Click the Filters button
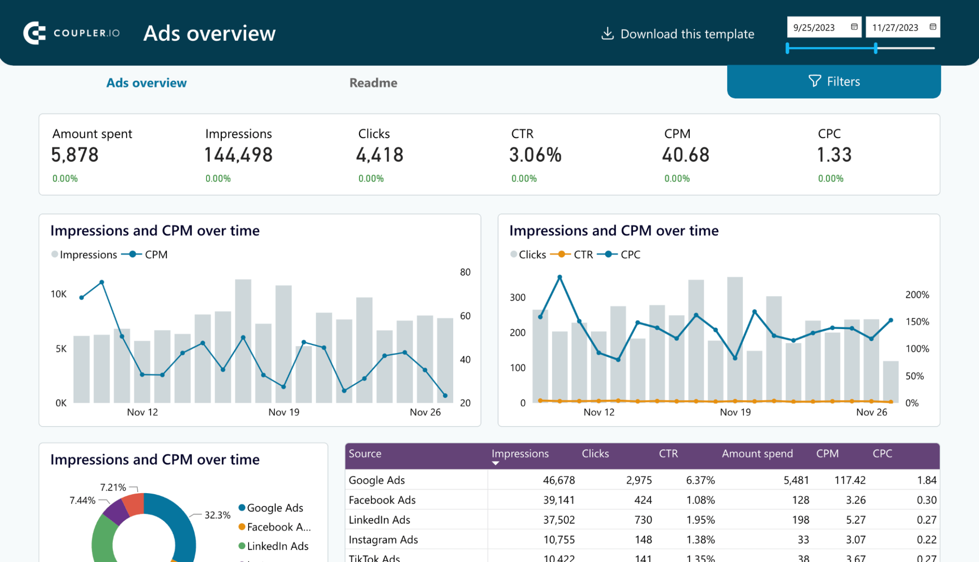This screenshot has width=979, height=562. point(834,82)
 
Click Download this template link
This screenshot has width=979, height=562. point(678,34)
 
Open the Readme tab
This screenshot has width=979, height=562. point(373,83)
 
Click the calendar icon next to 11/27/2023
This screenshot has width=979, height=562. point(933,27)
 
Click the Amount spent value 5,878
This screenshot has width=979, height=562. point(75,155)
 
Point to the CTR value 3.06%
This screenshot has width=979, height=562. point(535,155)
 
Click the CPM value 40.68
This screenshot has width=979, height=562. point(685,155)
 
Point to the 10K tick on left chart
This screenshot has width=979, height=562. point(59,294)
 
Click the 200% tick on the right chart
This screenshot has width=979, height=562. point(917,295)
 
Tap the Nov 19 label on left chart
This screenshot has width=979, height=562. point(283,412)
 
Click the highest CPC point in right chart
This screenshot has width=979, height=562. point(560,277)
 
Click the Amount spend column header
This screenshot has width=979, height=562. point(757,453)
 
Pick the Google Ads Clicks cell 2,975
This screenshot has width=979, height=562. point(639,480)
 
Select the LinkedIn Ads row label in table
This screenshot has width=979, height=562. point(379,520)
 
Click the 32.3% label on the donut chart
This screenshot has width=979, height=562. point(217,515)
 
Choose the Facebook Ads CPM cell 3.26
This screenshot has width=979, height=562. point(855,500)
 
